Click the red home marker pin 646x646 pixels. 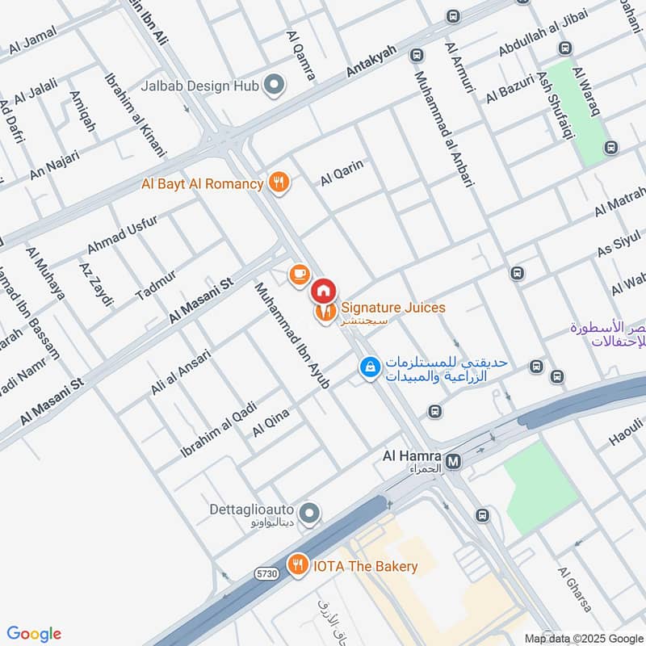323,288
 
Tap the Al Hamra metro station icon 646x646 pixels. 454,461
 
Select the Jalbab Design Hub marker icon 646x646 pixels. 275,83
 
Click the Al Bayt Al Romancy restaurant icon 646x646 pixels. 279,183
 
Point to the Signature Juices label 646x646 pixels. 392,308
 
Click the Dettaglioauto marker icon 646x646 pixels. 308,513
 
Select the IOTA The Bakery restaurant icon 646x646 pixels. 299,564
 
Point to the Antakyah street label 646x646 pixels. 371,61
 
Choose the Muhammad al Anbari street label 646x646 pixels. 443,129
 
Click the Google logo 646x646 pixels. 35,634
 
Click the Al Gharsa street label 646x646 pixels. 574,589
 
